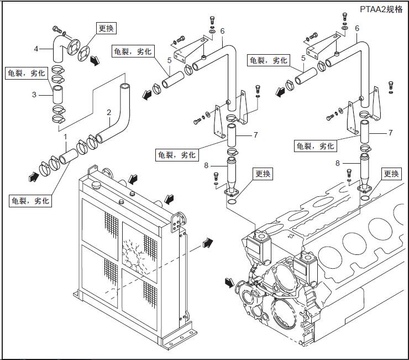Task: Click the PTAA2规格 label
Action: (x=381, y=9)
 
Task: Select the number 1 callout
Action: (x=65, y=135)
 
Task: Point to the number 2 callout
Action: (x=109, y=112)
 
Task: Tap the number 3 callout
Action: (x=34, y=95)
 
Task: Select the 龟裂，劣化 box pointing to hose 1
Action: (x=30, y=200)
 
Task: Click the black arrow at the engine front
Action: (x=229, y=283)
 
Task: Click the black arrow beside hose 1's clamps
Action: (x=33, y=176)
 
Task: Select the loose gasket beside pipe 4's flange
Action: (x=85, y=53)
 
